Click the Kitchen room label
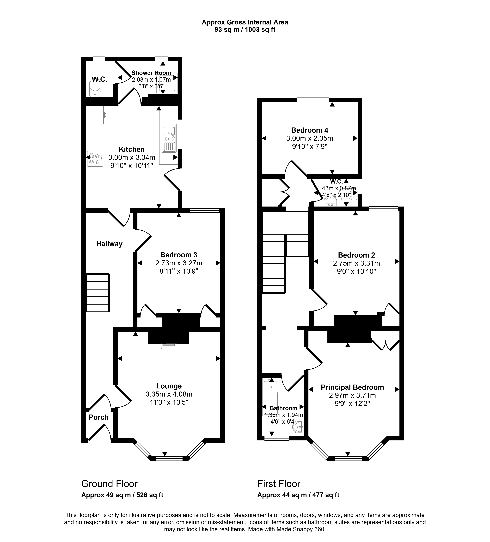tap(132, 149)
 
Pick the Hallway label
tap(109, 244)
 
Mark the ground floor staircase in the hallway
tap(98, 293)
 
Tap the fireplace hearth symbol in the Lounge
tap(169, 346)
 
